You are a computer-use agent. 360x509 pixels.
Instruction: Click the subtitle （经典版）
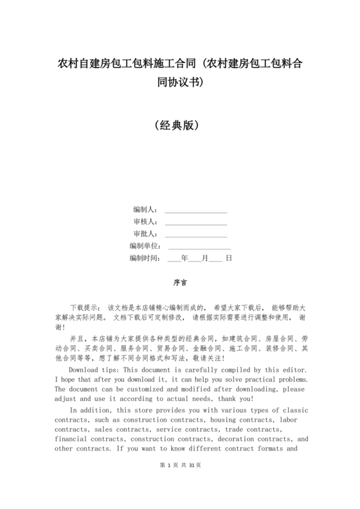click(180, 124)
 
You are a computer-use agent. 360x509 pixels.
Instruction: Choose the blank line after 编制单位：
click(199, 247)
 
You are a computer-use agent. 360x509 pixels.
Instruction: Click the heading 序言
click(180, 282)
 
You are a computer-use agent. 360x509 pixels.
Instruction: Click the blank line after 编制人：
click(196, 211)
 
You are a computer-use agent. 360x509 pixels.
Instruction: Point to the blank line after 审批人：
click(196, 235)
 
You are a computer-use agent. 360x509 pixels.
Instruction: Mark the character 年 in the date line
click(185, 258)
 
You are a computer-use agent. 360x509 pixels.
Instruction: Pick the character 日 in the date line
click(228, 258)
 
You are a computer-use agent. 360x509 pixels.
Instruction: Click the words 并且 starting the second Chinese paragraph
click(76, 337)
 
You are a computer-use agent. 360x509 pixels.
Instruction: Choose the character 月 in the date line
click(205, 258)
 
